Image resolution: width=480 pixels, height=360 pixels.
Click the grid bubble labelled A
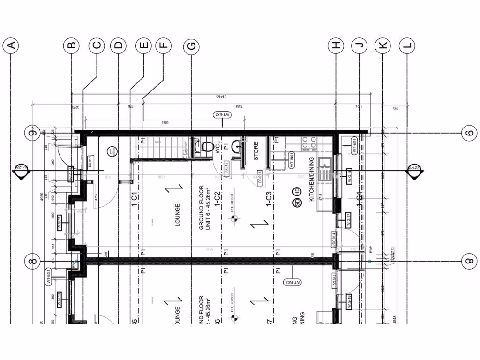pos(11,45)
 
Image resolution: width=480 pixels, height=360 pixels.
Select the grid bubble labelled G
pos(191,45)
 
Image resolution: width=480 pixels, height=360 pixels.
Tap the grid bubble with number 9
pos(32,133)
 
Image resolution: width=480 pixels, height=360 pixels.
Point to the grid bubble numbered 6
pos(469,133)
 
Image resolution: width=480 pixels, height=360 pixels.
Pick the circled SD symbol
pos(297,203)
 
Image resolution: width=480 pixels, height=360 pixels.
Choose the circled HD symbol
pos(297,191)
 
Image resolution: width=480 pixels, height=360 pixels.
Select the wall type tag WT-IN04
pos(291,159)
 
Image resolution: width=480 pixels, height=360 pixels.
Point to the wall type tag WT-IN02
pos(292,282)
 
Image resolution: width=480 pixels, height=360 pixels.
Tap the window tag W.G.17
pos(349,220)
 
